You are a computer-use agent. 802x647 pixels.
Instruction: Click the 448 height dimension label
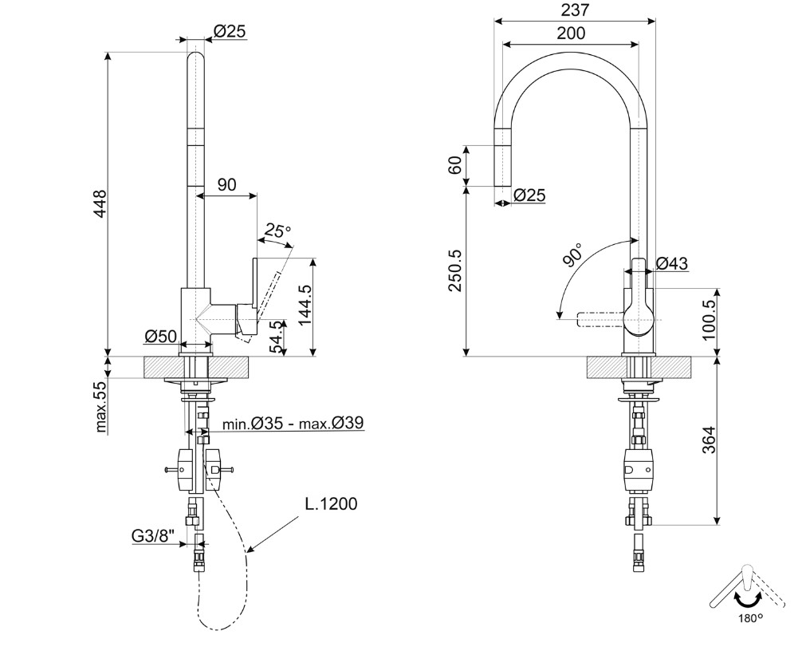point(100,203)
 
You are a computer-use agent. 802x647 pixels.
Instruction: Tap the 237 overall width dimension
point(575,10)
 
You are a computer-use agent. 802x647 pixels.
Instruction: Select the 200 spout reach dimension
point(571,33)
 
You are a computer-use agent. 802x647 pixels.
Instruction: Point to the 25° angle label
point(277,231)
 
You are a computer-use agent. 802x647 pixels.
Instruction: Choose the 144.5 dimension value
point(305,305)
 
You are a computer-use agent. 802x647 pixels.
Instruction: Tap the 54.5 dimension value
point(277,337)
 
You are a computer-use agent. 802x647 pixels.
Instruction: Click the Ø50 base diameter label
point(160,337)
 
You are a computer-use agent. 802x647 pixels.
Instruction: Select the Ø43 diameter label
point(671,263)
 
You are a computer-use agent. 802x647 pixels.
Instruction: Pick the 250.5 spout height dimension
point(454,270)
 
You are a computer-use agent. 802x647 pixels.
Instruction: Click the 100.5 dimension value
point(709,320)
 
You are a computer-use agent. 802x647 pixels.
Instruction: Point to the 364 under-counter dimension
point(709,440)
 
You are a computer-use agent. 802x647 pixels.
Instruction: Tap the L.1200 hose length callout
point(331,503)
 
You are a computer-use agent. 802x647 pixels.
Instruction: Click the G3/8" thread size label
point(153,535)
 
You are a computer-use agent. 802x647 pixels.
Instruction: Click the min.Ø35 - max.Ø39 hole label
point(293,424)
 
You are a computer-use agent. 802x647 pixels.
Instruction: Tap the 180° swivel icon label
point(750,618)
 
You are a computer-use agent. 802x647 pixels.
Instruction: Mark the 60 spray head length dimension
point(454,164)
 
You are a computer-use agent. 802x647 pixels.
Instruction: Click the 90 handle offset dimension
point(226,185)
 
